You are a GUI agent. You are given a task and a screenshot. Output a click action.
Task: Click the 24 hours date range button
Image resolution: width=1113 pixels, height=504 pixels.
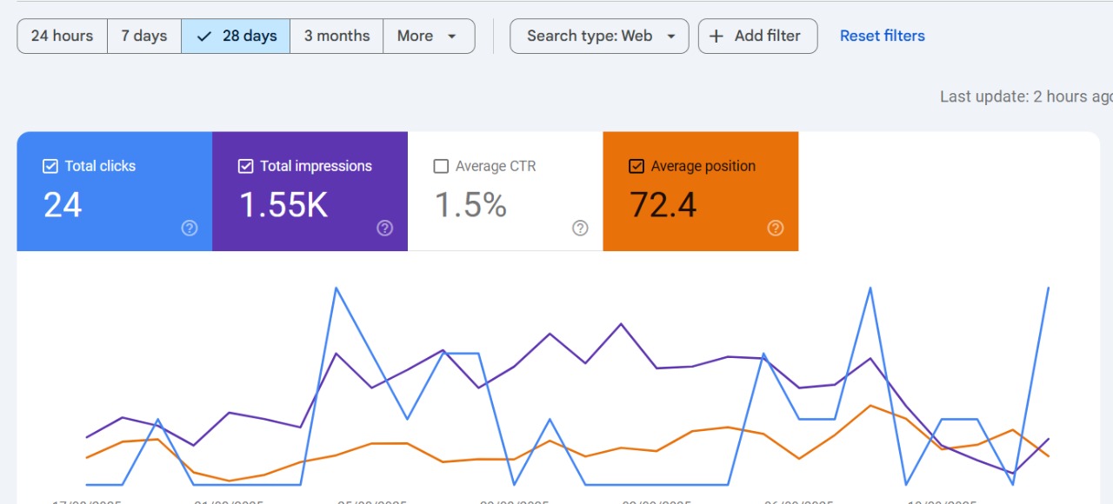(x=62, y=36)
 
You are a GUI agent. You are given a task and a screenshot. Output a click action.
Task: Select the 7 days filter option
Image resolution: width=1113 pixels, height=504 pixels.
(x=143, y=36)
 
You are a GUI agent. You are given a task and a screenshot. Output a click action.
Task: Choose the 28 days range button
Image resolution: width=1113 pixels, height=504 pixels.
(x=236, y=36)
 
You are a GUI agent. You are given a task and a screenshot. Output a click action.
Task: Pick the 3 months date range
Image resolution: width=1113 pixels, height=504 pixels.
(x=337, y=36)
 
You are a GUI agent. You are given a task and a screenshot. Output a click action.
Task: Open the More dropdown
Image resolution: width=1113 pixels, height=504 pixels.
(x=428, y=36)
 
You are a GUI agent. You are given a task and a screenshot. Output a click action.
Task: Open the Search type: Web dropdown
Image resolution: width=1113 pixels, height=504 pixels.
(x=599, y=36)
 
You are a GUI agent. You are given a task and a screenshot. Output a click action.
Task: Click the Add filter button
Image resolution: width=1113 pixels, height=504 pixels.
(x=757, y=36)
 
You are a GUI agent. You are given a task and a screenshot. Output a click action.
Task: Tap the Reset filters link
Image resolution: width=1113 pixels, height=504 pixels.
(x=882, y=36)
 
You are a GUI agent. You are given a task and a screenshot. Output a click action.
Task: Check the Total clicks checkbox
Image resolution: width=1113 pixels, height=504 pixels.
(x=50, y=166)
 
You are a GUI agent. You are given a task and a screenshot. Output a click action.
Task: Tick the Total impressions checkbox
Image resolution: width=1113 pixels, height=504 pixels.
(x=246, y=166)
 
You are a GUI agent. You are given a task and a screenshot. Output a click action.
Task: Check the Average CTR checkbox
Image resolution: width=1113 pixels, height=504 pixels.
(x=441, y=166)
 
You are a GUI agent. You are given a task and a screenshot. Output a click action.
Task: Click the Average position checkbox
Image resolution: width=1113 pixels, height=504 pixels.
(x=636, y=166)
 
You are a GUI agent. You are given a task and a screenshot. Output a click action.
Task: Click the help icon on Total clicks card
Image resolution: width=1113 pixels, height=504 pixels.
(x=190, y=228)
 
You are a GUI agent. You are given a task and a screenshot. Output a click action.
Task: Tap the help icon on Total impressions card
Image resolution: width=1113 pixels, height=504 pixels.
(x=385, y=228)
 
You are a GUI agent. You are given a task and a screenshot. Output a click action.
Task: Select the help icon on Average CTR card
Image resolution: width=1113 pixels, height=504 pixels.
(x=580, y=228)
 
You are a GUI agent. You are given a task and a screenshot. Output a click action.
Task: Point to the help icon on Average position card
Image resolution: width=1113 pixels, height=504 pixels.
(x=776, y=228)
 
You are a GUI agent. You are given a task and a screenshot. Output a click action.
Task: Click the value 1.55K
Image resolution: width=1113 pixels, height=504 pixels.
(x=283, y=205)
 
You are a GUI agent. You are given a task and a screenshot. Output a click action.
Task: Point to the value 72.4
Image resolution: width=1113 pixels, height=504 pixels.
(x=663, y=205)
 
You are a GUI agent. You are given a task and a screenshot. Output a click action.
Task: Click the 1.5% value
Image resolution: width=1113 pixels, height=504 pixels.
(x=470, y=205)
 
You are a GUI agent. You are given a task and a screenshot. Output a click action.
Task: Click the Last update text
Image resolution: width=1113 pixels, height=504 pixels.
(x=1024, y=96)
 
